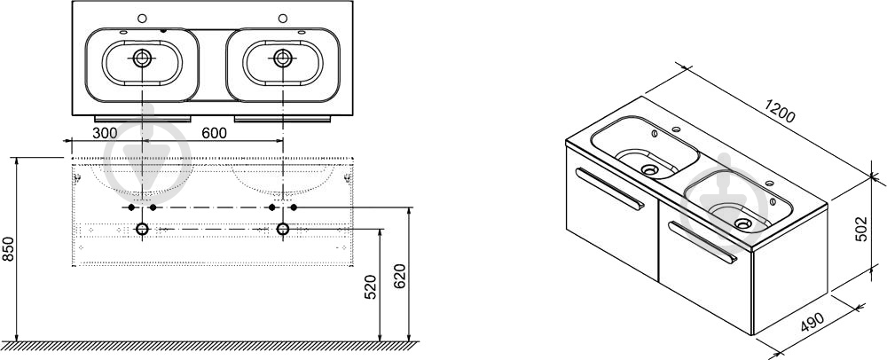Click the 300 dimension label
point(105,133)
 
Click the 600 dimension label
point(214,133)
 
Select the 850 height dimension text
point(8,248)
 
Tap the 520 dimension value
point(370,287)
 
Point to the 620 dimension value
point(399,277)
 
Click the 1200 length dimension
point(780,111)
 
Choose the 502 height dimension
point(860,229)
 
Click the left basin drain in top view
point(142,58)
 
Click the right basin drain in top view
point(282,58)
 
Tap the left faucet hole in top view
point(142,18)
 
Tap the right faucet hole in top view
point(282,18)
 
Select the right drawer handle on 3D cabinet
point(703,242)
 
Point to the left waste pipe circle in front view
point(142,229)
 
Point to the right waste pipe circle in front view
point(282,229)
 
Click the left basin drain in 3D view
point(649,168)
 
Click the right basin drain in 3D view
point(743,223)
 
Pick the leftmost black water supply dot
point(131,207)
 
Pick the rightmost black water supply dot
point(294,207)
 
